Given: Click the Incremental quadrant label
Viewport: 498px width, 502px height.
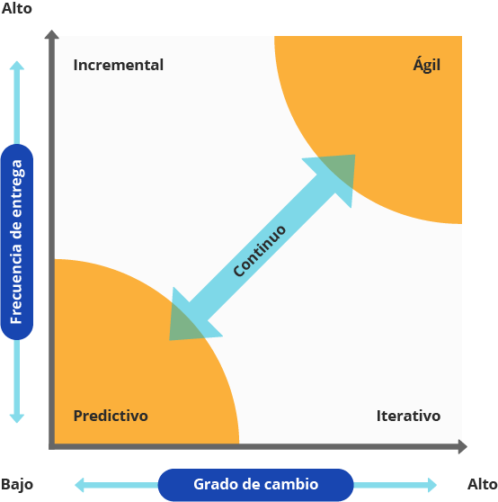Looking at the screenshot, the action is click(119, 65).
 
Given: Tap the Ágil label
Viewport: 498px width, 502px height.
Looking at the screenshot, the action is click(427, 65).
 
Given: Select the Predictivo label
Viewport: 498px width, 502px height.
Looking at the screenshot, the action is click(111, 416).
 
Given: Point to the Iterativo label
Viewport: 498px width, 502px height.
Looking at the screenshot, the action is click(408, 416).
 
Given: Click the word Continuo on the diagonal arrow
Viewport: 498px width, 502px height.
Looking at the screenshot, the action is click(260, 251).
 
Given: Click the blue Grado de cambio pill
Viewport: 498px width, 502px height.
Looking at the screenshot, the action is click(256, 484).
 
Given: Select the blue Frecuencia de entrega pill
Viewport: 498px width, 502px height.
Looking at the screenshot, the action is click(17, 242).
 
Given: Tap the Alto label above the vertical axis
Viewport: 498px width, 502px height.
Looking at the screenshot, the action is click(17, 8).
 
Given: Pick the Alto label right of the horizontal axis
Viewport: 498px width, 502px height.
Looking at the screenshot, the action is click(483, 484).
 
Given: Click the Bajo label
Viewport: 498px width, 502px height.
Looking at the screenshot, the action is click(17, 484).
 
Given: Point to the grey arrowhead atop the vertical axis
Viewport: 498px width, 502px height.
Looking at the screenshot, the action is click(51, 34).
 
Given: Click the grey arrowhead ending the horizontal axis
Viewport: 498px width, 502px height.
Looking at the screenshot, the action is click(463, 446).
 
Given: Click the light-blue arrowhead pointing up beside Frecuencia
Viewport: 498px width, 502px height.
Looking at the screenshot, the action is click(17, 66).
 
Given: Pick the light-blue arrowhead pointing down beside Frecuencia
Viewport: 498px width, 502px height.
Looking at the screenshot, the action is click(17, 418).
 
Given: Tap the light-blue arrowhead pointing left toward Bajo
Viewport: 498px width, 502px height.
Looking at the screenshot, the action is click(79, 485).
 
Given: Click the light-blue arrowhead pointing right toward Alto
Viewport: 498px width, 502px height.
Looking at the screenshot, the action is click(432, 485).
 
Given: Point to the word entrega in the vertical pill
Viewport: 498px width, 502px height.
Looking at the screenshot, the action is click(17, 188).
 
